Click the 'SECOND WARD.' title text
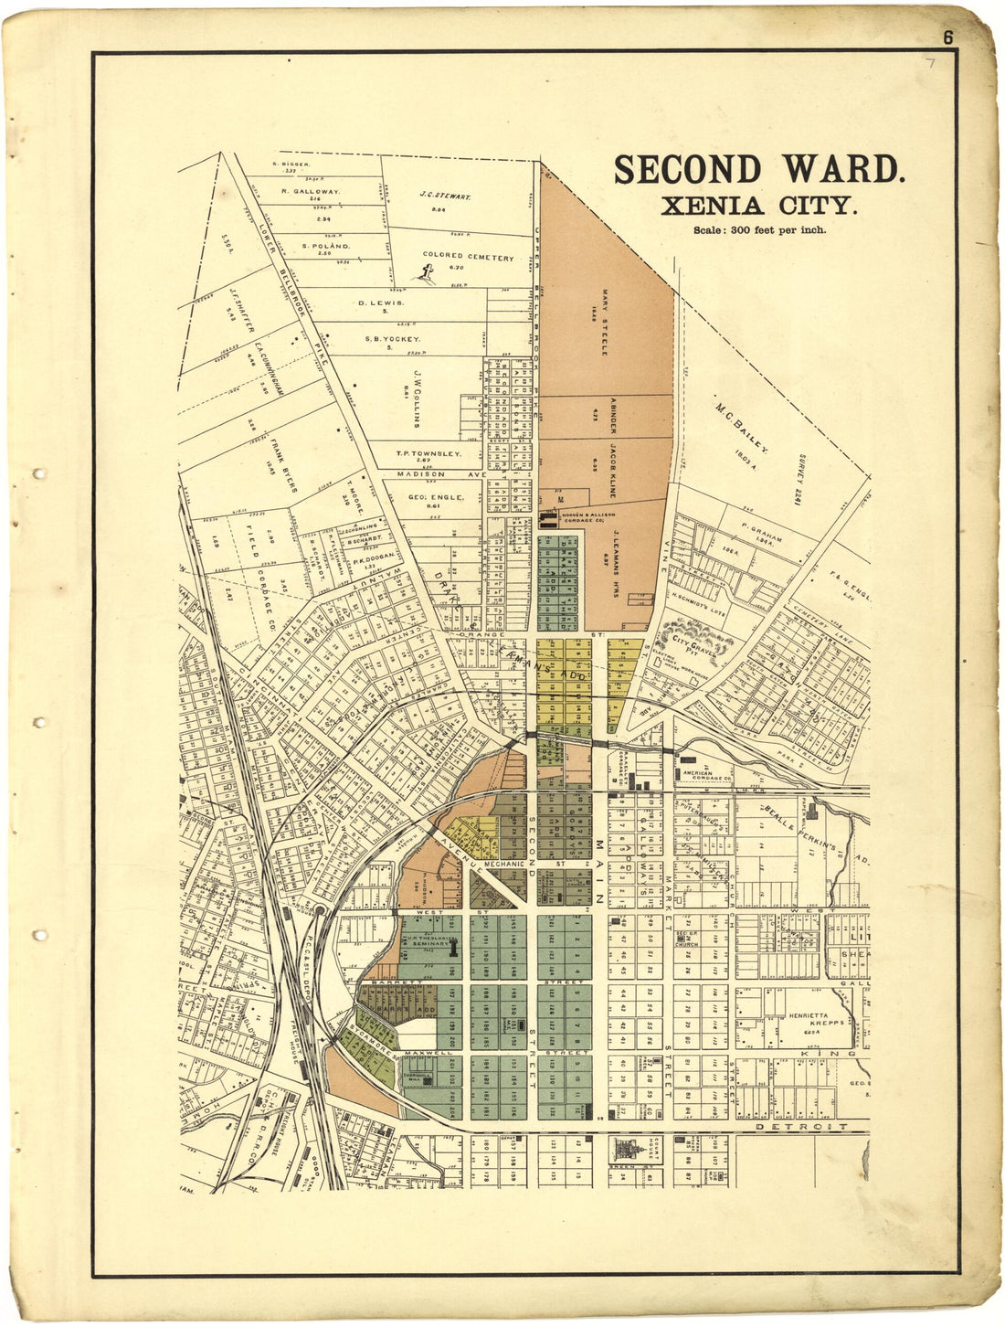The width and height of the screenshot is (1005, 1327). (x=759, y=171)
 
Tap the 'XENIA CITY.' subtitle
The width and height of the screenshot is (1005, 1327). (x=759, y=207)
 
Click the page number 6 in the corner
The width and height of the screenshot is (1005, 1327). (x=948, y=37)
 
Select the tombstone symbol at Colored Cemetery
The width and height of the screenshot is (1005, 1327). (x=424, y=271)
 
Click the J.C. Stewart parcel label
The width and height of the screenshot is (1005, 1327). (x=445, y=196)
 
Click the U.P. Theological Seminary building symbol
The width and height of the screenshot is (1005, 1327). (x=452, y=948)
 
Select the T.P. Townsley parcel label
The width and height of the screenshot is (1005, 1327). (x=428, y=453)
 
